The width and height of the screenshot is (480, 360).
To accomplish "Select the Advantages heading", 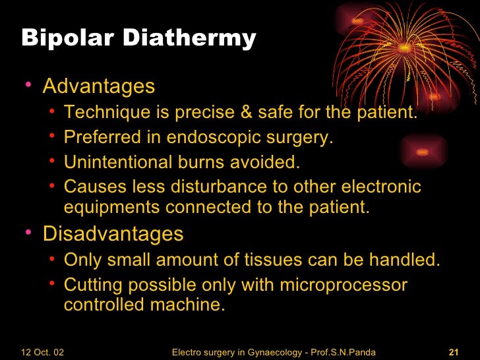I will point(99,86).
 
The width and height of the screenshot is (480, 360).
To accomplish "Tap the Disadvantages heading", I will point(113,234).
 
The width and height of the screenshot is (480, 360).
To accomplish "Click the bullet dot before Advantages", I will point(28,86).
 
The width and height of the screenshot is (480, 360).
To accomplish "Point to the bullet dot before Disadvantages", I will point(28,234).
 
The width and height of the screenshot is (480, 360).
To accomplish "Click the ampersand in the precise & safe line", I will point(247,113).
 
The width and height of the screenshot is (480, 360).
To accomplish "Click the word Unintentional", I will point(118,162).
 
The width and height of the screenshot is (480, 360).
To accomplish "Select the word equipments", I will point(112,207).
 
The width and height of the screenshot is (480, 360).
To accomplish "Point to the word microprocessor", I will point(344,285).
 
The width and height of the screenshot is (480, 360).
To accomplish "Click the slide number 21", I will point(453,352).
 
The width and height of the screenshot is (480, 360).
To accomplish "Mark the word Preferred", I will point(102,138).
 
